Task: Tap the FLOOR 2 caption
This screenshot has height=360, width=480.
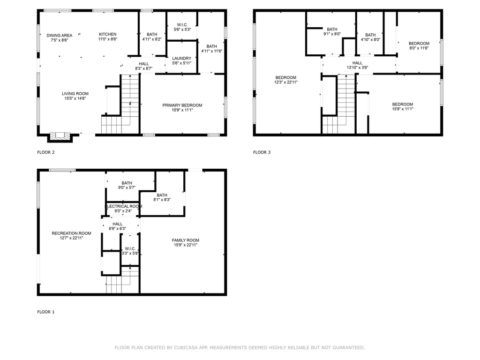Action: pyautogui.click(x=46, y=152)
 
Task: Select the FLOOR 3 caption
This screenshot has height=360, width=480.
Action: pyautogui.click(x=262, y=152)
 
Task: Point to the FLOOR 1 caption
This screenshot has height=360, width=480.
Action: pyautogui.click(x=46, y=312)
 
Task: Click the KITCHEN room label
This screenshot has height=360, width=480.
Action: pyautogui.click(x=108, y=34)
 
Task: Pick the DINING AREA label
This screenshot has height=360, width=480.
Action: pyautogui.click(x=60, y=35)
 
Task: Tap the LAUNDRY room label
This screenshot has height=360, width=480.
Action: pyautogui.click(x=181, y=58)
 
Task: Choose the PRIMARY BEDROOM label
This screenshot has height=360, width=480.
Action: pyautogui.click(x=182, y=105)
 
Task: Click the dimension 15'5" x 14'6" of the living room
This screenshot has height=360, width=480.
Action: pyautogui.click(x=75, y=98)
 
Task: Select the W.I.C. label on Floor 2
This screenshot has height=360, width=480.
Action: pyautogui.click(x=182, y=25)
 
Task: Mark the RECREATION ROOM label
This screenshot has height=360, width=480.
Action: pyautogui.click(x=71, y=233)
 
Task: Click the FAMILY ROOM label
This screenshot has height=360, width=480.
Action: pyautogui.click(x=186, y=240)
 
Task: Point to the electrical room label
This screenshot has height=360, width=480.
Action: pyautogui.click(x=124, y=206)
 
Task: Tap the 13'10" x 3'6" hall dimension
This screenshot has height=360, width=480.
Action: pyautogui.click(x=357, y=67)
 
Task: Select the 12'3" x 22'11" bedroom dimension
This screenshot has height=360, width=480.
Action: pyautogui.click(x=286, y=82)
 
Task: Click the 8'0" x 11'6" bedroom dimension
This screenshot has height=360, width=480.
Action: pyautogui.click(x=419, y=48)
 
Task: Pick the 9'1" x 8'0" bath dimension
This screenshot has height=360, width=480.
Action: pyautogui.click(x=332, y=34)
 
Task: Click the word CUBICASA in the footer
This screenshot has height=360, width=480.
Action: pyautogui.click(x=186, y=347)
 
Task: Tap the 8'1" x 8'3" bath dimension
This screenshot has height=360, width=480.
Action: pyautogui.click(x=162, y=200)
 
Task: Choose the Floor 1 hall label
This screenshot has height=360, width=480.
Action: pyautogui.click(x=118, y=224)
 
